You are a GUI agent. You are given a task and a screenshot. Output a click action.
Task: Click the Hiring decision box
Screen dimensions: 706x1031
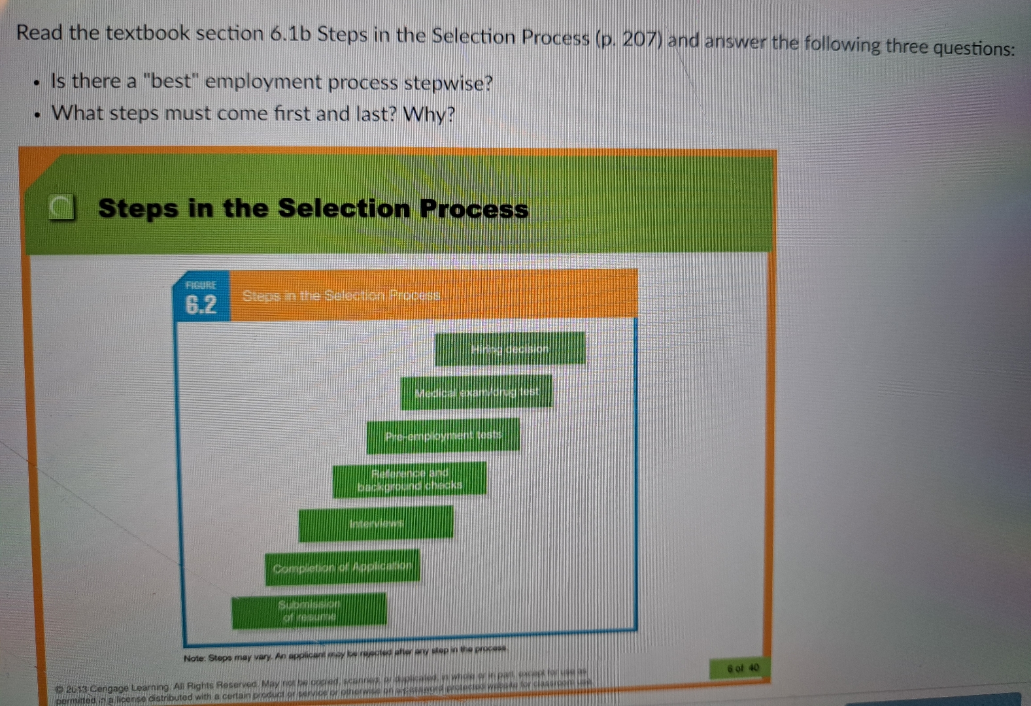pos(510,348)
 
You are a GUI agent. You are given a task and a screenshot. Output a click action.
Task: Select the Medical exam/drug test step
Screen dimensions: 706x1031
pos(477,392)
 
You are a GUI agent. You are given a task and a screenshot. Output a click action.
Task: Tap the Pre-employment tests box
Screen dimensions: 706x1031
pos(443,435)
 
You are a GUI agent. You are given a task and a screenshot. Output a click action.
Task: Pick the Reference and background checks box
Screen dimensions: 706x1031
pos(410,479)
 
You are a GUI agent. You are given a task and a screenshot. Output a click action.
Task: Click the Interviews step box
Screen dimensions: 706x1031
pos(376,524)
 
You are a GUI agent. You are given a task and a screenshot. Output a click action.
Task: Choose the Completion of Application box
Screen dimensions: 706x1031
pos(342,567)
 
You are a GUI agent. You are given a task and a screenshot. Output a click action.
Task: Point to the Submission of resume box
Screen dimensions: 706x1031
pos(309,610)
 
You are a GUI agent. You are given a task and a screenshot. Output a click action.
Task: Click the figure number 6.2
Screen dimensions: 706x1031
pos(201,305)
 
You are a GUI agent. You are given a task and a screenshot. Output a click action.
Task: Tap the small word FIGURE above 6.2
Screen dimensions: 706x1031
pos(200,285)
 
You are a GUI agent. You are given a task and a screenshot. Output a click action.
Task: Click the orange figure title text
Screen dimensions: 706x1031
pos(341,295)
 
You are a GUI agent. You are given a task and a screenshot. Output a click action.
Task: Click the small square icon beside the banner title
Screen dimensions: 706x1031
pos(62,209)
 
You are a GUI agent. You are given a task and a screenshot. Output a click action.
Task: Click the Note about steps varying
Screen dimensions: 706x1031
pos(345,654)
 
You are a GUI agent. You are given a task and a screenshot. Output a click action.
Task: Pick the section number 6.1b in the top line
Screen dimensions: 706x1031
pos(290,33)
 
